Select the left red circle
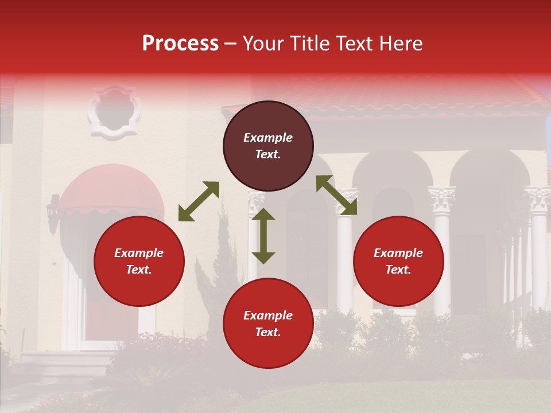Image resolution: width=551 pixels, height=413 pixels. pyautogui.click(x=139, y=261)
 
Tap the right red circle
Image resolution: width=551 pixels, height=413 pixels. pyautogui.click(x=398, y=261)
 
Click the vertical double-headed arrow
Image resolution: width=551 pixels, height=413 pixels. pyautogui.click(x=263, y=236)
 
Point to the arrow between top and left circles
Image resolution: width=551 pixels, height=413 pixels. pyautogui.click(x=199, y=201)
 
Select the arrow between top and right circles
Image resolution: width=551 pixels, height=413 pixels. pyautogui.click(x=337, y=195)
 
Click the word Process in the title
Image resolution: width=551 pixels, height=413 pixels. pyautogui.click(x=180, y=43)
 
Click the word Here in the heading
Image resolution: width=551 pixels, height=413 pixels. pyautogui.click(x=401, y=43)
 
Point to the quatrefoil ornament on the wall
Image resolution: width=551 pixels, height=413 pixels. pyautogui.click(x=114, y=112)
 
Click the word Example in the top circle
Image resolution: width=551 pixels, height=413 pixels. pyautogui.click(x=268, y=138)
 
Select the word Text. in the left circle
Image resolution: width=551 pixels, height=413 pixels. pyautogui.click(x=139, y=270)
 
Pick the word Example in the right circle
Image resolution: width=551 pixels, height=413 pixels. pyautogui.click(x=398, y=253)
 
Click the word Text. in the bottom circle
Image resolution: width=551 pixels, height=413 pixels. pyautogui.click(x=268, y=332)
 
